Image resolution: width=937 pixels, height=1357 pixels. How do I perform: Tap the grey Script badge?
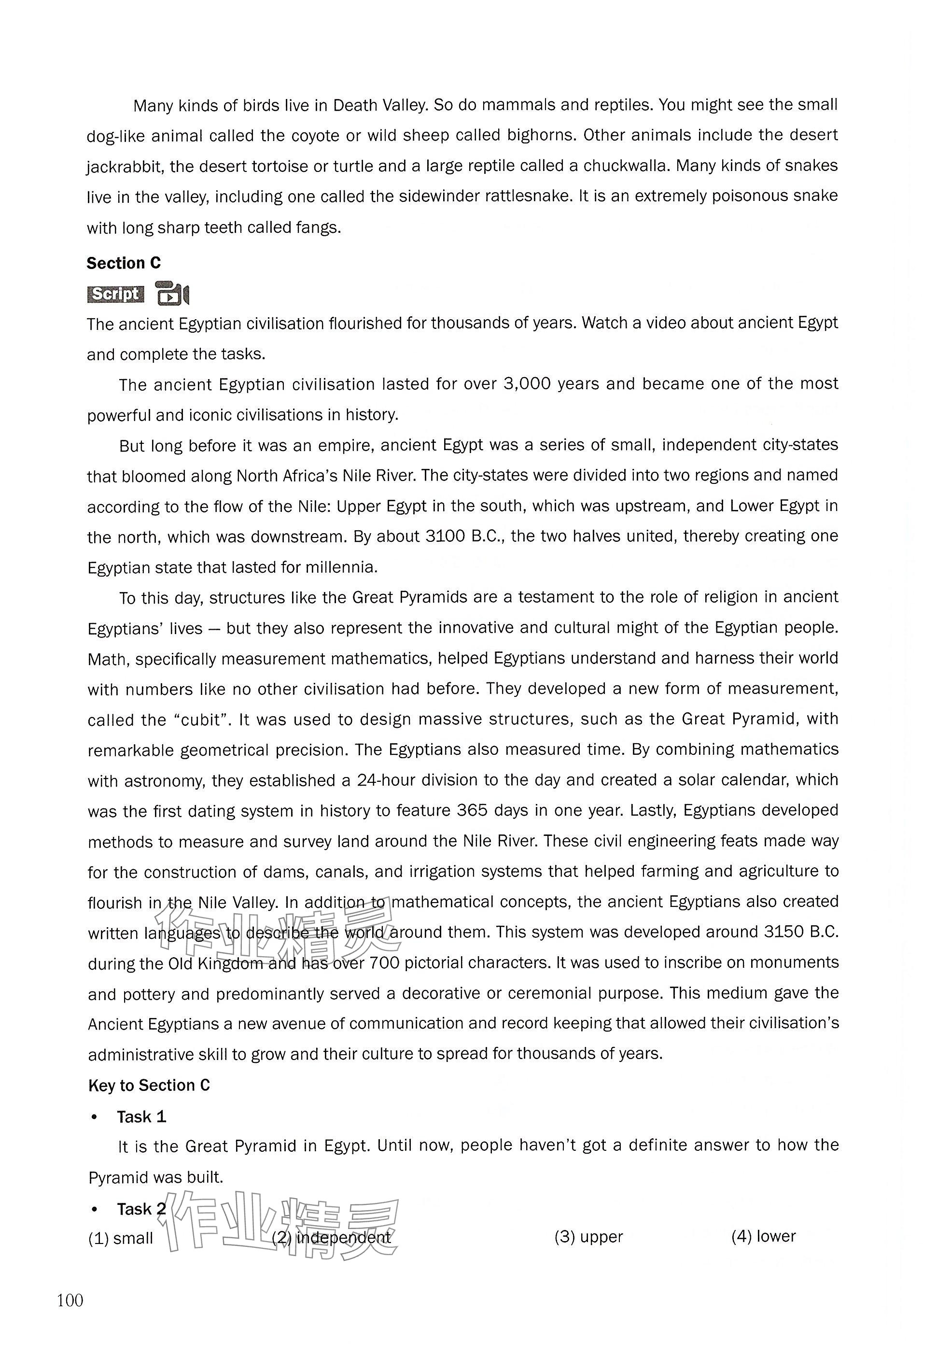(x=116, y=294)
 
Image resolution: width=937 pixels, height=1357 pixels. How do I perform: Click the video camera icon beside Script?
(x=172, y=294)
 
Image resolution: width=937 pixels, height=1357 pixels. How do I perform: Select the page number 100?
(x=70, y=1300)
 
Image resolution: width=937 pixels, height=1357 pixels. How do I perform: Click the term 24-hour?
(x=389, y=780)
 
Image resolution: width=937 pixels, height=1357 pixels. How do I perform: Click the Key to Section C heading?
(x=149, y=1085)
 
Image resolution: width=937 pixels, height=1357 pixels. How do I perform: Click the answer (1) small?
(x=120, y=1238)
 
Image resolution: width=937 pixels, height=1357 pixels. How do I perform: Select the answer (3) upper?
(x=588, y=1237)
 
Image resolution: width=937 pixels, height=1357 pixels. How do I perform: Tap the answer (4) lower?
(x=763, y=1236)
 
